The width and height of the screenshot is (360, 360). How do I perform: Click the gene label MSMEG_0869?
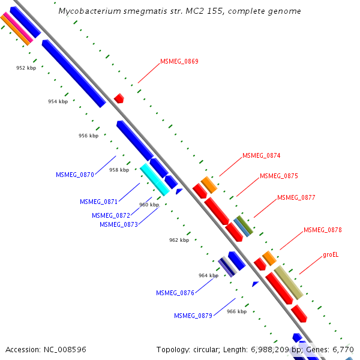(179, 61)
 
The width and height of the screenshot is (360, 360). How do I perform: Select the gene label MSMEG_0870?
(75, 175)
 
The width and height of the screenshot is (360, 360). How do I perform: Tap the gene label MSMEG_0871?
(99, 202)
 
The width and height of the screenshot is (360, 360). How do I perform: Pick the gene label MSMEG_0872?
(111, 215)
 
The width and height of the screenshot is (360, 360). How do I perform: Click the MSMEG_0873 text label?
(119, 224)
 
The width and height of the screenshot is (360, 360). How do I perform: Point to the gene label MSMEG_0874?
(261, 156)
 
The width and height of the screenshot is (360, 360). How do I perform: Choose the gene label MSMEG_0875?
(278, 176)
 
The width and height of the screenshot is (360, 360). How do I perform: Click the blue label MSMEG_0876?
(175, 293)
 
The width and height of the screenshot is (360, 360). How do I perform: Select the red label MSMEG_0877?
(296, 197)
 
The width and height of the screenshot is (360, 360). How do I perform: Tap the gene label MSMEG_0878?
(323, 230)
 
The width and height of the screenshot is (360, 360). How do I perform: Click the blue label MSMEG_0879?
(193, 316)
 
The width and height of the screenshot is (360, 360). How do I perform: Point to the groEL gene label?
(331, 254)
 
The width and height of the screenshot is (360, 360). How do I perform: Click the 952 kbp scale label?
(26, 68)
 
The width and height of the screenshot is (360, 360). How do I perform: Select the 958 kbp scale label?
(119, 170)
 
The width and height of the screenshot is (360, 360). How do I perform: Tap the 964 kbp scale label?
(208, 275)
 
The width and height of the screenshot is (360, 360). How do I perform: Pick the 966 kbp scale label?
(236, 311)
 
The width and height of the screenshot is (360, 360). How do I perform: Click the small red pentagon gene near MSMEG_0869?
(119, 98)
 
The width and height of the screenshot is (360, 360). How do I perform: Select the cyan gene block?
(154, 179)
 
